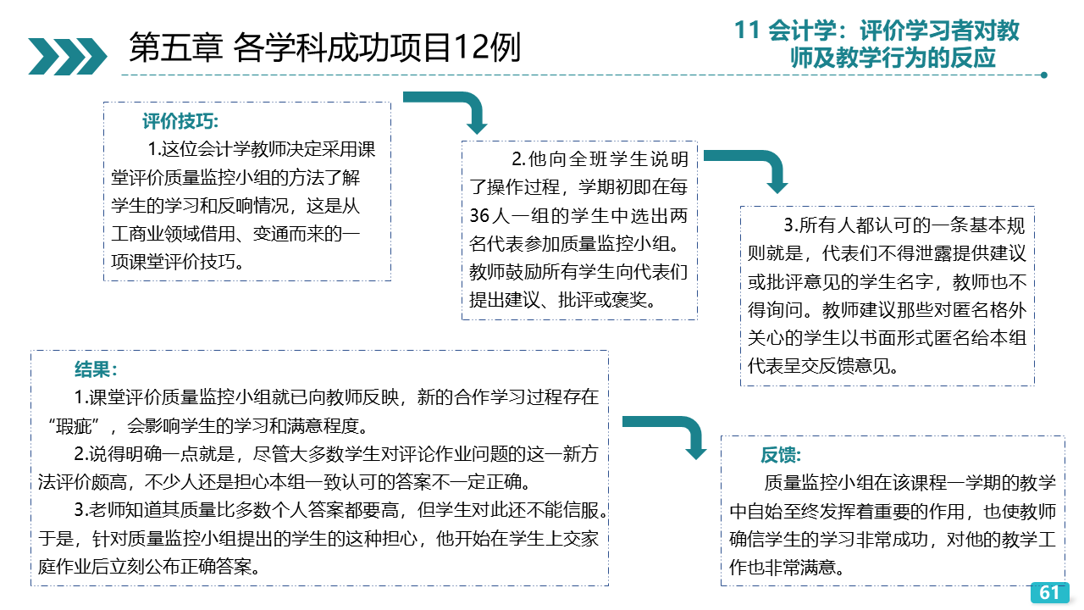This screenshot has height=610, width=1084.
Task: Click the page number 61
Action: coord(1048,592)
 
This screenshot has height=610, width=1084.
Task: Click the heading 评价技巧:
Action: coord(180,121)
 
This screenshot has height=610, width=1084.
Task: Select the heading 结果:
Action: coord(96,369)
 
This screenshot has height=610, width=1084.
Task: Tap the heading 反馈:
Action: coord(781,455)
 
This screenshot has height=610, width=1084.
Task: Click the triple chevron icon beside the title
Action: coord(68,56)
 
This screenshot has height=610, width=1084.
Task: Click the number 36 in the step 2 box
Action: coord(479,216)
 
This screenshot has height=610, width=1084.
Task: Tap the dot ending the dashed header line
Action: coord(1044,75)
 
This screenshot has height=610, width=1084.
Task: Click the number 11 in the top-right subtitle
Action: coord(747,30)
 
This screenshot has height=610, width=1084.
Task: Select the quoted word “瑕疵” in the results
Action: coord(74,426)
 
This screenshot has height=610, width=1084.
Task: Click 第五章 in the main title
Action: coord(176,47)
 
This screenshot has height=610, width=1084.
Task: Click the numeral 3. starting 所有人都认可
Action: coord(791,225)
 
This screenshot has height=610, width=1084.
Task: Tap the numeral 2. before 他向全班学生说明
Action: coord(519,159)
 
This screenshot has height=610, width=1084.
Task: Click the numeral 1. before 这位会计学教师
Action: coord(154,149)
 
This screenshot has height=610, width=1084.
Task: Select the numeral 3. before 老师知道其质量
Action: coord(80,510)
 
